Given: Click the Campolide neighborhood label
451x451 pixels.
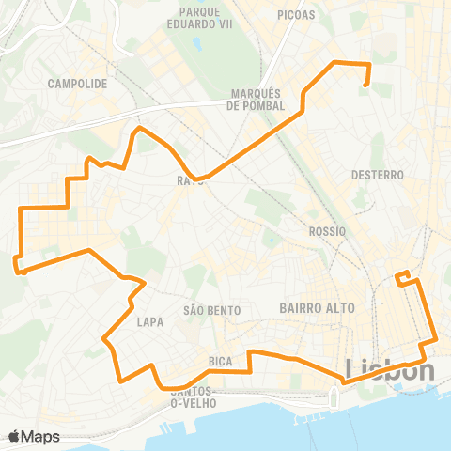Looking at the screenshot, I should coord(76,83).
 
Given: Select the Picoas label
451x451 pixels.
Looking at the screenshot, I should coord(297,15).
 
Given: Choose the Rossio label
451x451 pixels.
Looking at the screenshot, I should coord(327,230).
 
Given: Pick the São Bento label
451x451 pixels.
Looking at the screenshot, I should coord(212,310).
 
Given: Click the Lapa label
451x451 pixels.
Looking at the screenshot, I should coord(150,321).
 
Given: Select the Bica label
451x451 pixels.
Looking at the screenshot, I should coord(221,360).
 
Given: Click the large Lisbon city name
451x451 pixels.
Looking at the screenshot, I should coord(391,370).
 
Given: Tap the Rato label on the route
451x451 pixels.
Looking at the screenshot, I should coord(190,180).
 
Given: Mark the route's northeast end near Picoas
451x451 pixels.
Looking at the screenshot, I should coord(365,86).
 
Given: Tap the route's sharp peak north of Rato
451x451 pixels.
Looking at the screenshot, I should coord(139,128).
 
